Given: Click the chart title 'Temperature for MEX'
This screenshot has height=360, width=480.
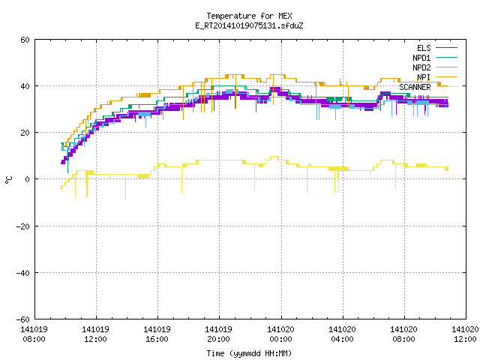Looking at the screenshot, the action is pyautogui.click(x=249, y=16).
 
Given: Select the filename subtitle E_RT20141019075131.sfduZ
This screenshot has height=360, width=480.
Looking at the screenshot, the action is pyautogui.click(x=249, y=25).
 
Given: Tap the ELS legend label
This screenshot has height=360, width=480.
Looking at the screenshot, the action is pyautogui.click(x=424, y=48).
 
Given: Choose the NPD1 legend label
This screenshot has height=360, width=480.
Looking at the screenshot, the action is pyautogui.click(x=421, y=58).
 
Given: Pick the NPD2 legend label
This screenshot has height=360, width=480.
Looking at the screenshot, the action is pyautogui.click(x=421, y=67).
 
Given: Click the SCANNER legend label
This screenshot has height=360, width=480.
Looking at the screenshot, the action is pyautogui.click(x=415, y=87).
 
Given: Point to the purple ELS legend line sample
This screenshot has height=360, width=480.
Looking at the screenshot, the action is pyautogui.click(x=446, y=48).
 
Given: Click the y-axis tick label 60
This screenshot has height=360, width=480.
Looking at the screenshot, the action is pyautogui.click(x=25, y=40).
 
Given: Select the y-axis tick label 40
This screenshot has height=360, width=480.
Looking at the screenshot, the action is pyautogui.click(x=25, y=86).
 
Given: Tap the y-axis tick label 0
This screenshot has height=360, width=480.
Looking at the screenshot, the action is pyautogui.click(x=27, y=179).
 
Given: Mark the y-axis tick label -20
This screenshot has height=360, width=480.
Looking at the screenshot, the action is pyautogui.click(x=23, y=226).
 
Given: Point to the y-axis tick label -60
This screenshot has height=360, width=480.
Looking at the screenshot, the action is pyautogui.click(x=23, y=319).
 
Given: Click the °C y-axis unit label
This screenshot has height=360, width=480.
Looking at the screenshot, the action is pyautogui.click(x=8, y=180).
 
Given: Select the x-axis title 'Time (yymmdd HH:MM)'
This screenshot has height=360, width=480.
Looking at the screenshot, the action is pyautogui.click(x=249, y=353).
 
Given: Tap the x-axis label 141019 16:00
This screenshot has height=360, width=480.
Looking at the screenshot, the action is pyautogui.click(x=157, y=334).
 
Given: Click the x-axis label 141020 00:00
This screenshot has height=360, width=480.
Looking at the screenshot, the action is pyautogui.click(x=280, y=334).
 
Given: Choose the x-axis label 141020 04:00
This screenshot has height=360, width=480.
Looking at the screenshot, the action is pyautogui.click(x=342, y=334).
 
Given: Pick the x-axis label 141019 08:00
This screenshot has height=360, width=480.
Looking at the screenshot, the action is pyautogui.click(x=34, y=334).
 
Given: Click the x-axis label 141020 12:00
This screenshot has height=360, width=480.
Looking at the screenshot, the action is pyautogui.click(x=465, y=334).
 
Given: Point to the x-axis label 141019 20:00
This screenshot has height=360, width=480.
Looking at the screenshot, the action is pyautogui.click(x=218, y=334).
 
